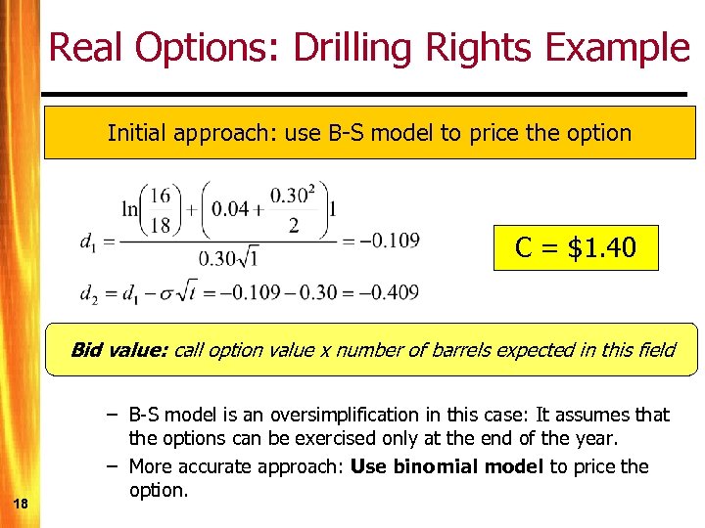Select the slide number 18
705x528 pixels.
(22, 503)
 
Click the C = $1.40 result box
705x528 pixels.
(576, 247)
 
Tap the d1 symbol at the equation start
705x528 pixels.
(89, 242)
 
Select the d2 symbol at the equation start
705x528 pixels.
(90, 292)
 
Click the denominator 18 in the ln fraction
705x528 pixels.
(159, 226)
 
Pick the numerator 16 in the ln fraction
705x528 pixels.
(159, 196)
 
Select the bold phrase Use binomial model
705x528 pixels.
(446, 466)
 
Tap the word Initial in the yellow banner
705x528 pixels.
(137, 132)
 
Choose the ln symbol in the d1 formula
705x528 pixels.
(130, 209)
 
